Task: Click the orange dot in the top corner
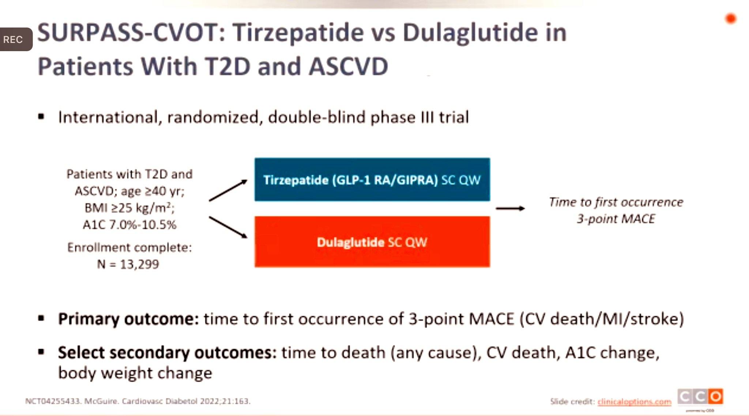pos(731,18)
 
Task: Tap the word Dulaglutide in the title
pos(470,33)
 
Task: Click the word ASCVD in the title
pos(348,67)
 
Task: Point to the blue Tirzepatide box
pos(372,179)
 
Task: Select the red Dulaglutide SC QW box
pos(372,242)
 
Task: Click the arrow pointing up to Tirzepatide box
pos(228,190)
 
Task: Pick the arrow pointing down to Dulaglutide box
pos(228,227)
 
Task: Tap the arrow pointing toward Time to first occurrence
pos(510,208)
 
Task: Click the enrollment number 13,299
pos(139,264)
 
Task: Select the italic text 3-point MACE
pos(616,219)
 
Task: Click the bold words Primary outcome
pos(128,319)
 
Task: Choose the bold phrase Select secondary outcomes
pos(167,353)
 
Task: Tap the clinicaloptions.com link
pos(635,402)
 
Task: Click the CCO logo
pos(700,397)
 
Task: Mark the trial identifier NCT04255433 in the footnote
pos(52,401)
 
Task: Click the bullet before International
pos(41,117)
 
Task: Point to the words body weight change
pos(135,373)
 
